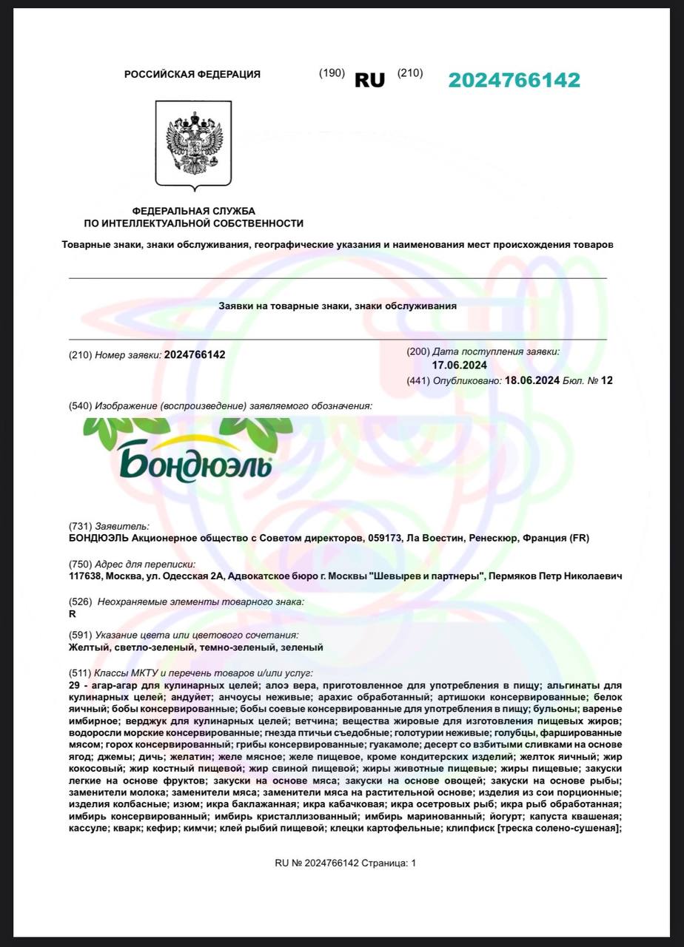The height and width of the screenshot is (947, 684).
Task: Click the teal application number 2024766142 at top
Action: click(514, 81)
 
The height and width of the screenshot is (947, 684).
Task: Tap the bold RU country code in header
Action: click(369, 81)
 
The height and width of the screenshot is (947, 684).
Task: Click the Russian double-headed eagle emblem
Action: click(193, 143)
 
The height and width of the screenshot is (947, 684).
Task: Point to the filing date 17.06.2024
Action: click(458, 365)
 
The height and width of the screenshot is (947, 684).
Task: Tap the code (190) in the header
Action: click(332, 73)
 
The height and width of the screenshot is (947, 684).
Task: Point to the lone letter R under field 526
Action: click(71, 613)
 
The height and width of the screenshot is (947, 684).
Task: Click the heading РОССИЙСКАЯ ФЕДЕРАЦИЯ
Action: click(192, 74)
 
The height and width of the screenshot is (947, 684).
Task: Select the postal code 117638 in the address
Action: click(85, 576)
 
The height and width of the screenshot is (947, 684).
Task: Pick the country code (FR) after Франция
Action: click(580, 538)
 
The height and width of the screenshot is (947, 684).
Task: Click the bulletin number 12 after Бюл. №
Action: click(607, 381)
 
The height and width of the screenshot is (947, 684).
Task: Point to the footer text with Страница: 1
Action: click(345, 863)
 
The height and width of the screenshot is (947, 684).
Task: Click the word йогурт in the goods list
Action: click(506, 816)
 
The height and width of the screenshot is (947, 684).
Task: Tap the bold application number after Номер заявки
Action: click(195, 354)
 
